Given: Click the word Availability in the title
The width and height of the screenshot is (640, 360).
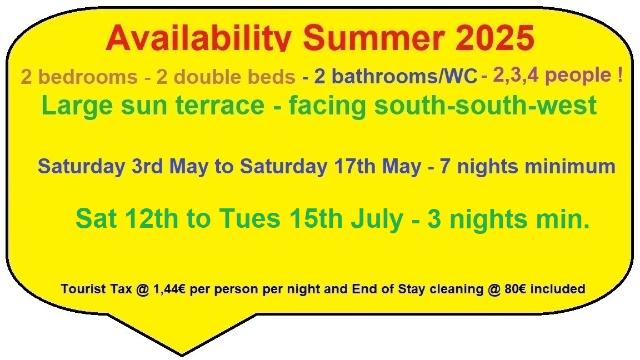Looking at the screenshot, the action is pos(198,38).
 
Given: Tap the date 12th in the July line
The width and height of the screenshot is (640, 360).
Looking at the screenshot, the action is pos(152,219).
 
